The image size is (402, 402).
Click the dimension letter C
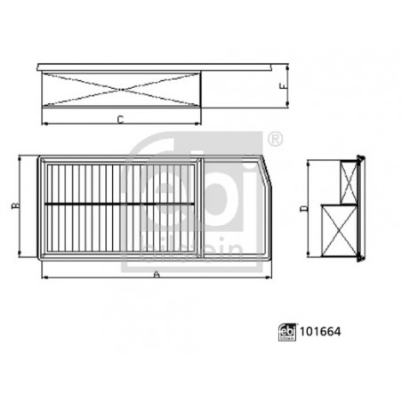[118, 119]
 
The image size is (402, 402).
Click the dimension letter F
[282, 87]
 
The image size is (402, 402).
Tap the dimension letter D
[302, 210]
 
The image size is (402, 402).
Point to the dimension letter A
[157, 277]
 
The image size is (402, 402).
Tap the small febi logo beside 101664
[287, 331]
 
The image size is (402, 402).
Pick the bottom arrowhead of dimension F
[287, 104]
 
